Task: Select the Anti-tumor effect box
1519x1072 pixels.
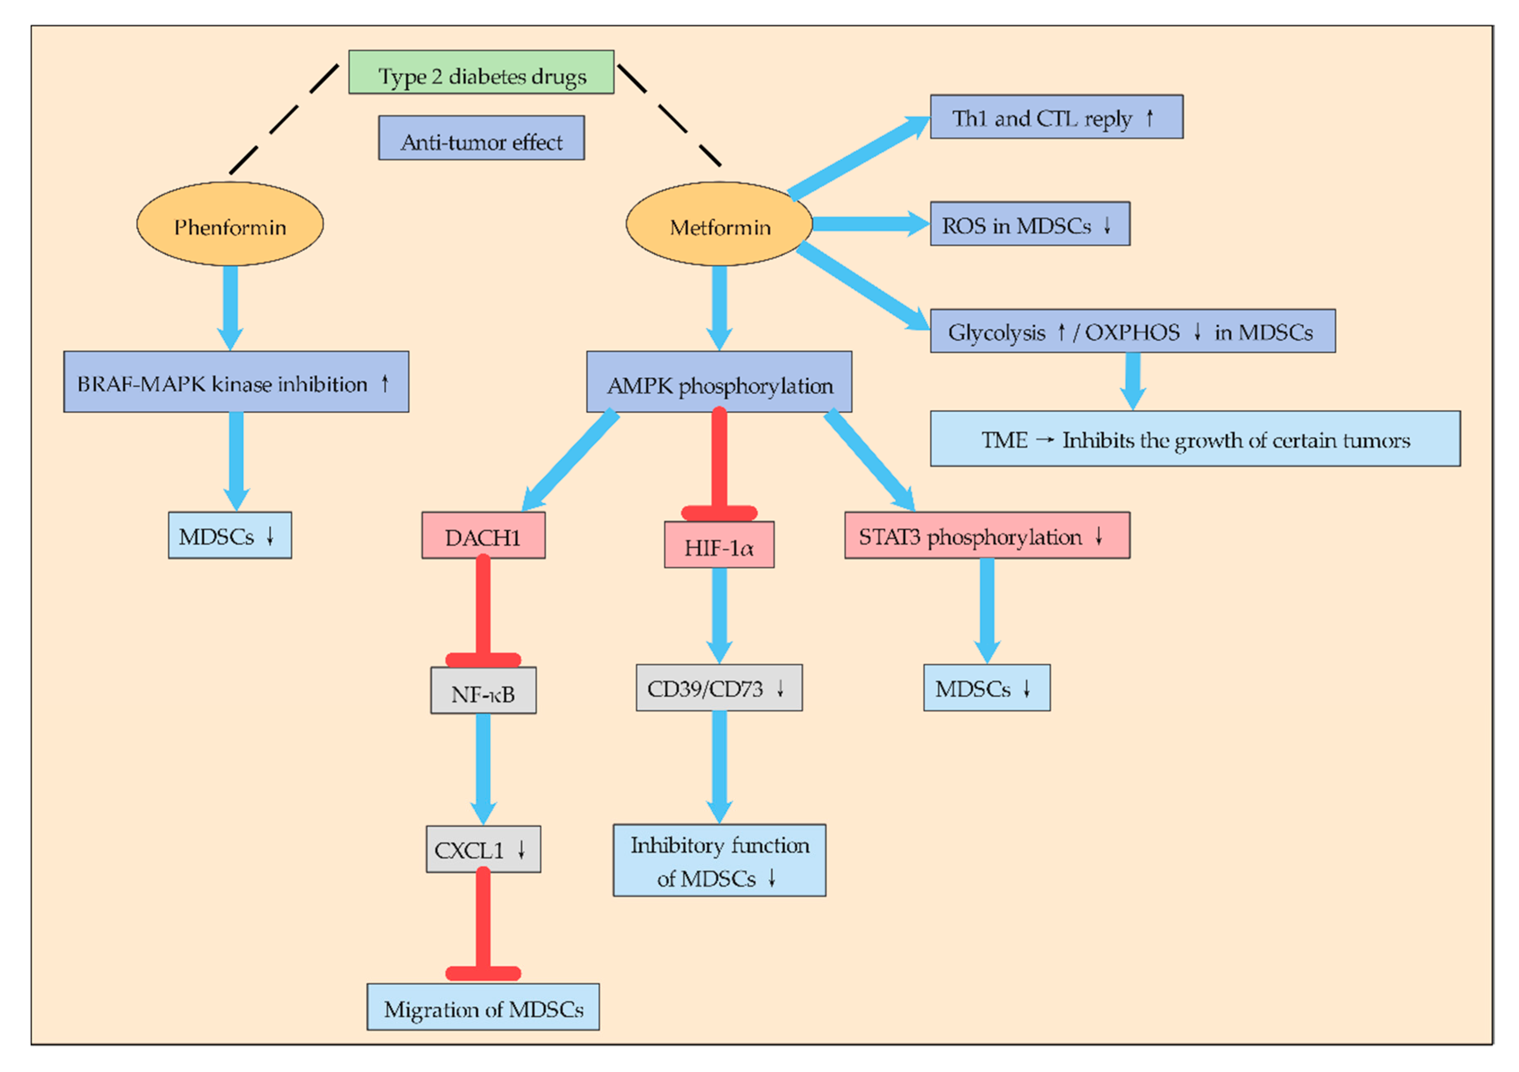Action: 481,138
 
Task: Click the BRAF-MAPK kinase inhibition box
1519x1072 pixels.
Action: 236,382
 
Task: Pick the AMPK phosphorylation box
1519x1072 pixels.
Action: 719,382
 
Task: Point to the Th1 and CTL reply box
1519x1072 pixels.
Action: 1057,117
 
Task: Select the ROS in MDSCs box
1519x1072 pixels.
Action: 1030,224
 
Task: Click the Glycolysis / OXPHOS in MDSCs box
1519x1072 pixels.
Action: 1133,331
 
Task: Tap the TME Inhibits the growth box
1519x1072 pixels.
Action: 1195,439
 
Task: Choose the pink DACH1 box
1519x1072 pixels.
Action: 483,535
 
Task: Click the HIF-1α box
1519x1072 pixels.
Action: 719,545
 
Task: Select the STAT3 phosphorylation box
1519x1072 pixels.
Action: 987,535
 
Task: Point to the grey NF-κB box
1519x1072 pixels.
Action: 483,690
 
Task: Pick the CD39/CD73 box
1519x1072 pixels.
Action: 719,688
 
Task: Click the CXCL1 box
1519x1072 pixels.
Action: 483,849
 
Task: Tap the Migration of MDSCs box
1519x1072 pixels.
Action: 483,1006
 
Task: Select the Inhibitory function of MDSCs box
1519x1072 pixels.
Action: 719,860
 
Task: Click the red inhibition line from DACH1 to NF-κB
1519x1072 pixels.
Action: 483,609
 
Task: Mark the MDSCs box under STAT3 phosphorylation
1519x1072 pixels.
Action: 987,688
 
